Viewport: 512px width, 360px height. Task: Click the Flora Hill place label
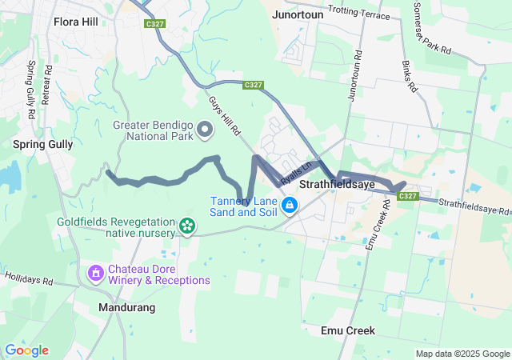pos(75,22)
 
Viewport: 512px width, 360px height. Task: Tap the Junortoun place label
pos(298,15)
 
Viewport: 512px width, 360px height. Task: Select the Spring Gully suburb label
pos(43,145)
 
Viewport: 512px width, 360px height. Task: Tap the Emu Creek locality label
pos(347,330)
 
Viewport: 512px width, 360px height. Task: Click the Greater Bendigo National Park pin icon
pos(205,129)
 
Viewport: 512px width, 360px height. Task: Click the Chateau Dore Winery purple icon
pos(96,274)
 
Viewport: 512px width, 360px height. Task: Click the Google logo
pos(26,350)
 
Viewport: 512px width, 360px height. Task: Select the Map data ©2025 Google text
pos(462,354)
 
